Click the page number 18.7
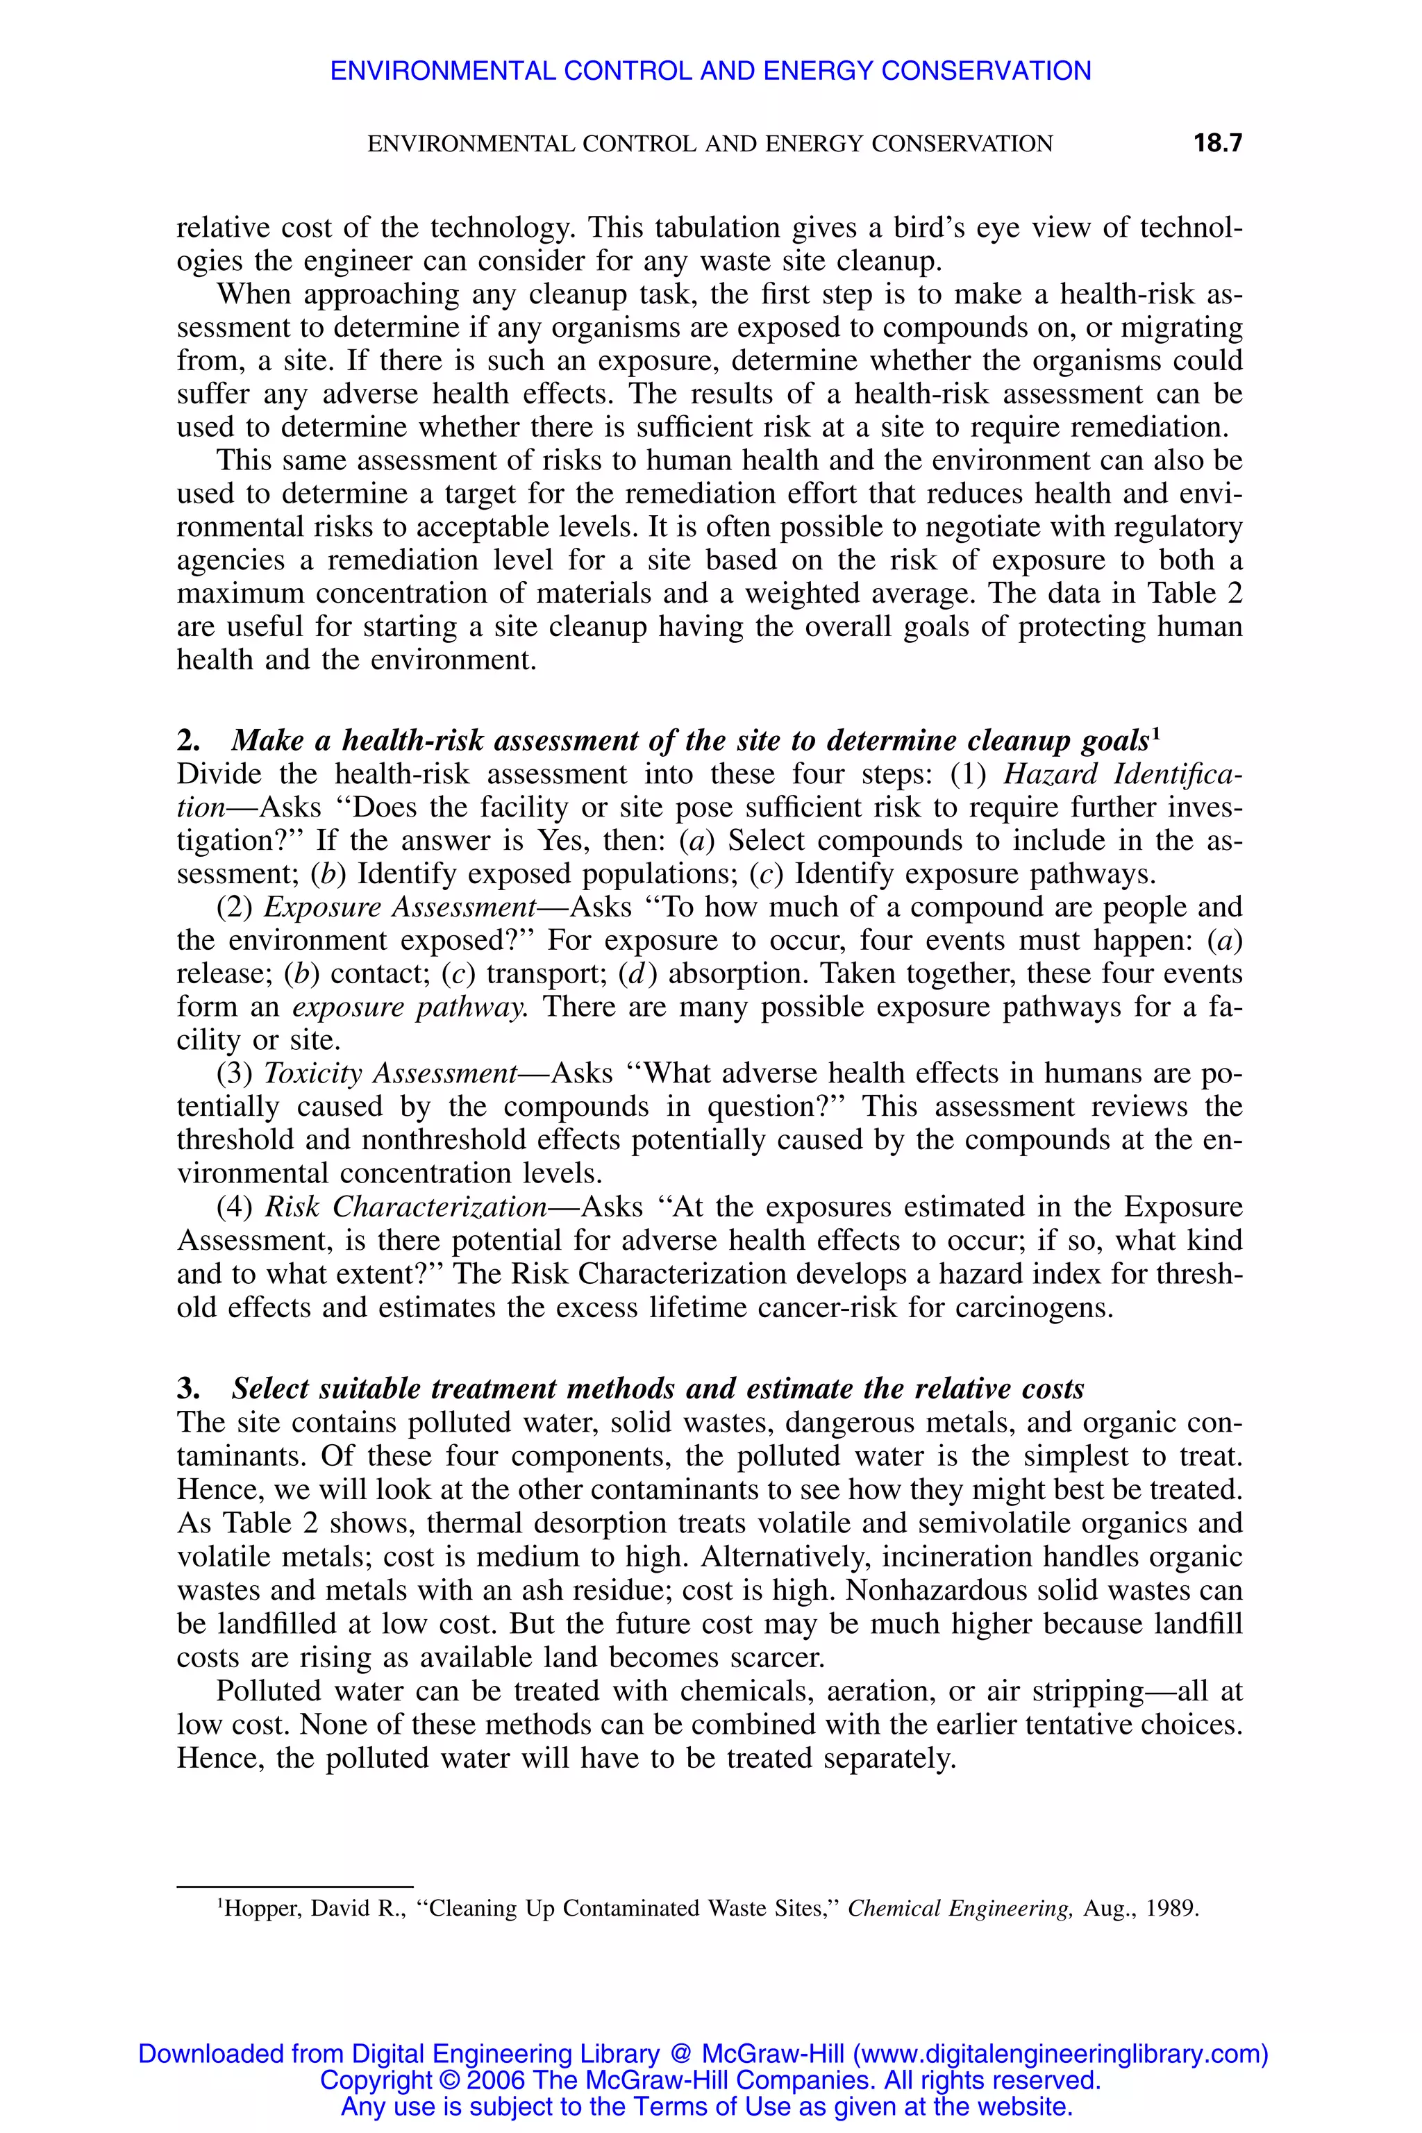pos(1217,143)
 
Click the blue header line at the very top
pos(710,71)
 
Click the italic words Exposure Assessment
pos(400,907)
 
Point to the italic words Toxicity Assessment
pos(390,1073)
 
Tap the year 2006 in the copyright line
pos(496,2080)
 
